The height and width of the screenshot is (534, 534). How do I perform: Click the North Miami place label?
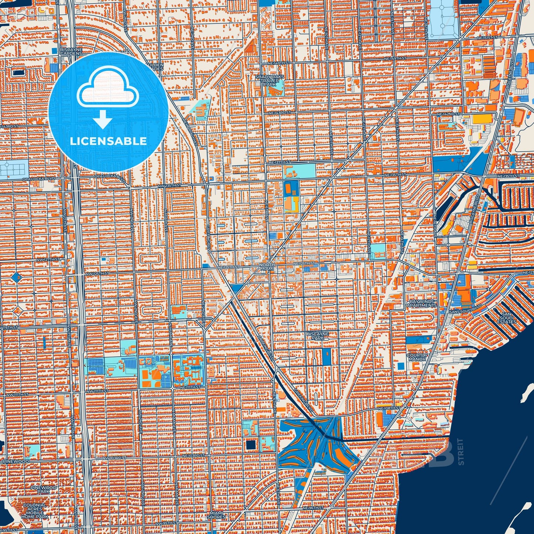click(x=266, y=267)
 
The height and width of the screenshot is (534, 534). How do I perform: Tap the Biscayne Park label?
click(x=317, y=336)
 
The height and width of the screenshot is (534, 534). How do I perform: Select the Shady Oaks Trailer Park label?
click(x=270, y=80)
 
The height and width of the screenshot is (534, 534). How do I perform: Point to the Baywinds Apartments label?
click(x=422, y=304)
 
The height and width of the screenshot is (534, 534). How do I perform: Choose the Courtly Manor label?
click(x=417, y=357)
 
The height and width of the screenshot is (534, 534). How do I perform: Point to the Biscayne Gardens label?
click(x=71, y=52)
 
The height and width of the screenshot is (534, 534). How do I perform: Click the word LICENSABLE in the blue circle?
click(x=108, y=141)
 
